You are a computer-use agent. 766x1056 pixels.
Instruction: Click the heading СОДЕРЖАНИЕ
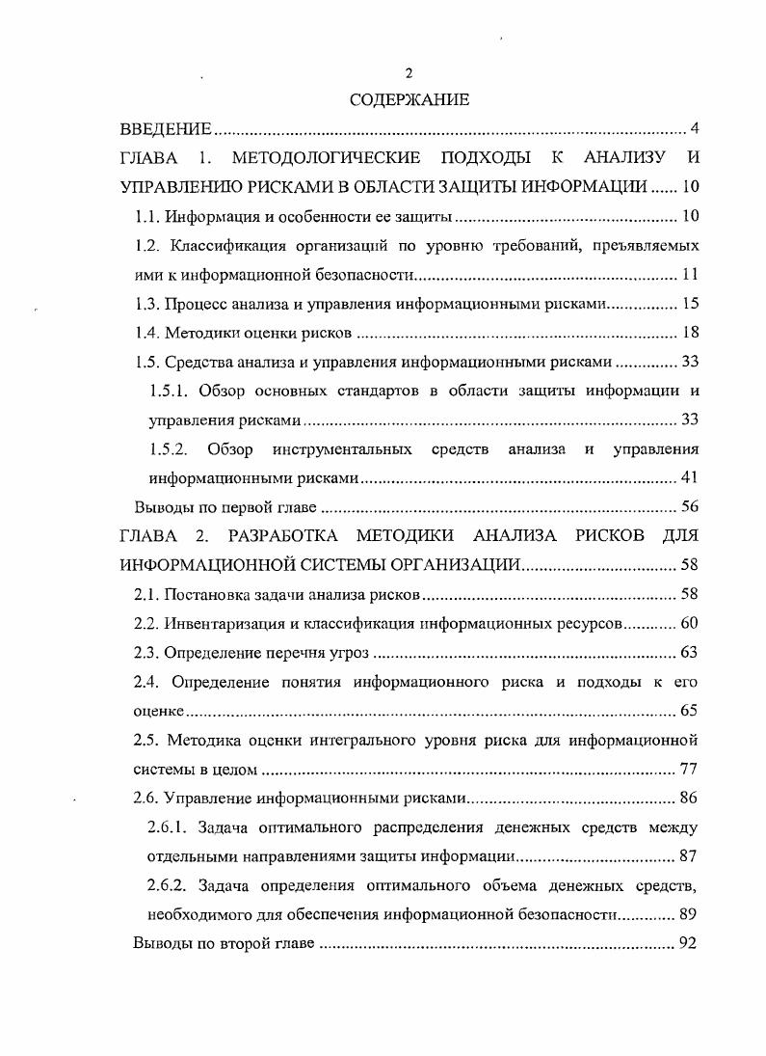[x=409, y=99]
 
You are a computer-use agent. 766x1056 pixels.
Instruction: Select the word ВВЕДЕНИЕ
[x=165, y=129]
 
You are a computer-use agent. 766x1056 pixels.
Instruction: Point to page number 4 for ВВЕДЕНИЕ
[x=694, y=129]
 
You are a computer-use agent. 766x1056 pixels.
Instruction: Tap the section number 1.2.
[x=145, y=245]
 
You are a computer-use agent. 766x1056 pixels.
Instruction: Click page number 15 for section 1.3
[x=689, y=305]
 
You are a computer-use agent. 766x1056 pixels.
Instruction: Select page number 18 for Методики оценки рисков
[x=689, y=334]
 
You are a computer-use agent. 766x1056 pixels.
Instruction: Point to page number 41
[x=689, y=478]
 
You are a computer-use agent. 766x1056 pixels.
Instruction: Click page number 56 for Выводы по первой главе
[x=689, y=507]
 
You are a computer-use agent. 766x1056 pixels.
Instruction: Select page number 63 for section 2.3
[x=689, y=652]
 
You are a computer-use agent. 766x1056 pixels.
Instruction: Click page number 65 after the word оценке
[x=689, y=711]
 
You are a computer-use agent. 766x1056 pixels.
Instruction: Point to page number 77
[x=689, y=770]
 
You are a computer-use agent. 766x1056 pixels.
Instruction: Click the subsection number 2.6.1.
[x=169, y=827]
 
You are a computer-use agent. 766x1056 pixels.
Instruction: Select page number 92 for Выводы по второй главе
[x=689, y=943]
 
